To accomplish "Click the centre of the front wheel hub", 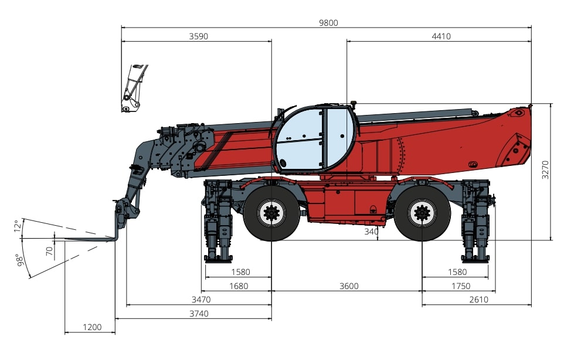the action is [x=271, y=213].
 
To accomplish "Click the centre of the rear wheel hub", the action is [x=422, y=213].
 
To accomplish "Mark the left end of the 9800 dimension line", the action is [x=121, y=27].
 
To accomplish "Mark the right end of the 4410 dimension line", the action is [x=531, y=41].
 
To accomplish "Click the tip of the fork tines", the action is [x=65, y=239].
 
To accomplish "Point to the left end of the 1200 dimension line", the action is [x=65, y=332].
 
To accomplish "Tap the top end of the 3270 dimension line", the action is [x=551, y=104].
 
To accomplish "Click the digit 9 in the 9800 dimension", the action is [x=321, y=23].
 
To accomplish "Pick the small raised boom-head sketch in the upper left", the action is [x=134, y=88].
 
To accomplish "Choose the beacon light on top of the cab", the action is [x=353, y=104].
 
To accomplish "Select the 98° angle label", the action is [x=21, y=260].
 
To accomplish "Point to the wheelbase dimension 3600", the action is [x=349, y=286].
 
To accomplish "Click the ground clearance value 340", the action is [x=371, y=232].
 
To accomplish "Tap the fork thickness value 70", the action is [x=50, y=251].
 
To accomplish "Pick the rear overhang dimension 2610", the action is [x=479, y=300].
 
